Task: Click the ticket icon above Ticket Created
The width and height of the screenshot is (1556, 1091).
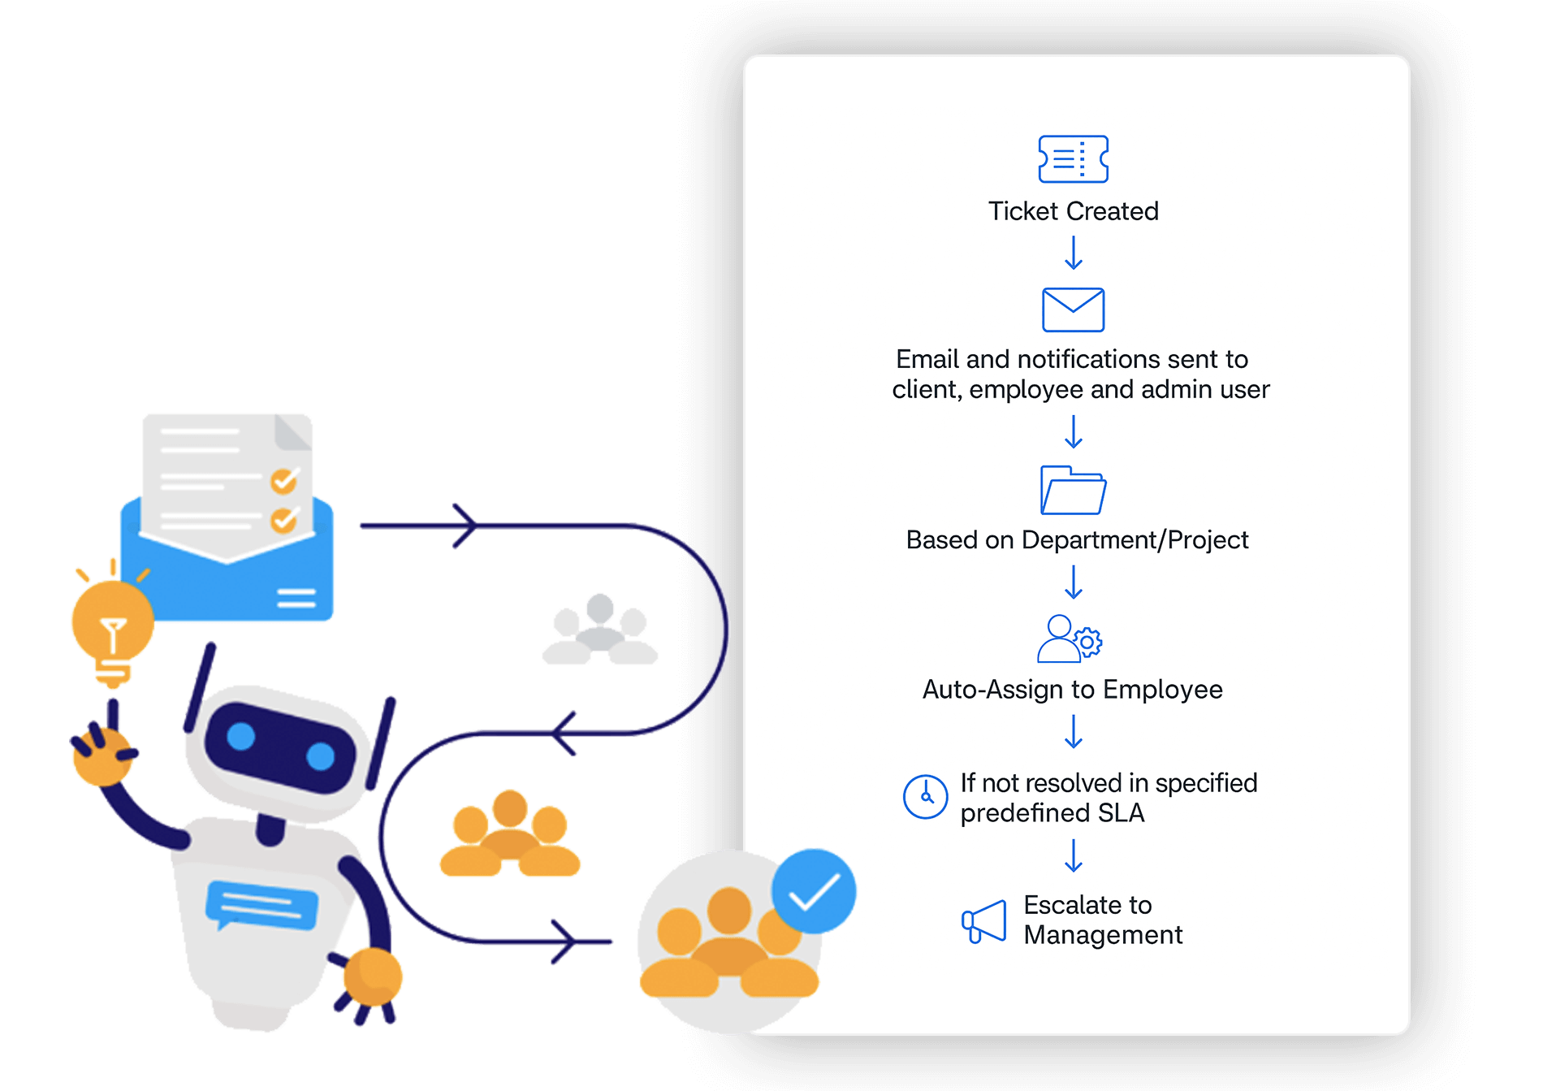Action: [x=1073, y=158]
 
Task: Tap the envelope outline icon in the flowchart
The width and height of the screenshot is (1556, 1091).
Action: [x=1073, y=310]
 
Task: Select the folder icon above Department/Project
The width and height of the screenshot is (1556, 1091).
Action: [x=1073, y=490]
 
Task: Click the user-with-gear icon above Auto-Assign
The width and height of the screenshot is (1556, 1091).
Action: [x=1069, y=639]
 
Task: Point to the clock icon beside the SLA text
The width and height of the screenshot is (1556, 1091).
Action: [x=925, y=796]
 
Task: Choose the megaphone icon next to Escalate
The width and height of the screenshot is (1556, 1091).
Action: [x=984, y=922]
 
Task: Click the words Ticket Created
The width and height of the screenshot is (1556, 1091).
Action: [x=1073, y=211]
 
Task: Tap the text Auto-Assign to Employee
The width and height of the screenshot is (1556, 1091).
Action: [x=1072, y=690]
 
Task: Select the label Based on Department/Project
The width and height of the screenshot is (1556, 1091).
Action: [x=1077, y=540]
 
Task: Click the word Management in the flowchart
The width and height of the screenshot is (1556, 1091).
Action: [x=1103, y=935]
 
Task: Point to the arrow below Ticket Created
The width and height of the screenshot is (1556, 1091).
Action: [x=1073, y=253]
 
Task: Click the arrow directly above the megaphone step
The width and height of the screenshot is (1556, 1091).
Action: [x=1073, y=855]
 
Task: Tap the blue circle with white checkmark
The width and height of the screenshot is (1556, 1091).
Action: [x=813, y=891]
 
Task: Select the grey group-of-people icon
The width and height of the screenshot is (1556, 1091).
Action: [x=600, y=630]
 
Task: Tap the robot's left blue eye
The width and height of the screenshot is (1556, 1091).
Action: [x=241, y=736]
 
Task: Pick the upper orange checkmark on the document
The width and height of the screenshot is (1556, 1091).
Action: [x=284, y=481]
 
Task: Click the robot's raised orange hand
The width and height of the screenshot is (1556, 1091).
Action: [x=102, y=753]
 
